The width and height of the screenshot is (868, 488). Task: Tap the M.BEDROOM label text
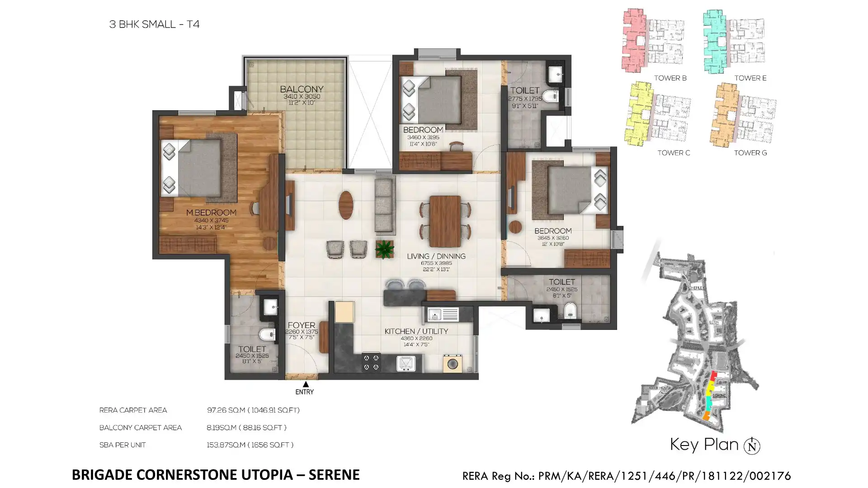211,212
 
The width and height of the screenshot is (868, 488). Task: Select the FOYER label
301,325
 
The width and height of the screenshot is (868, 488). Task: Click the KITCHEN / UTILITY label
416,331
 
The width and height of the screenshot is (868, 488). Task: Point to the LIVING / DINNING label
436,256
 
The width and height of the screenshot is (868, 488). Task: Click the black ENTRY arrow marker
306,385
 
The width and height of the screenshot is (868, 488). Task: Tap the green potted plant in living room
384,249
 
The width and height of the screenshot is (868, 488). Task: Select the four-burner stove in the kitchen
371,362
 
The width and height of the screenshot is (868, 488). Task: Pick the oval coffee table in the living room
346,205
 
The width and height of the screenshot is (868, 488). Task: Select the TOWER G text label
750,153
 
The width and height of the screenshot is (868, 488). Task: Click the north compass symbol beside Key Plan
752,446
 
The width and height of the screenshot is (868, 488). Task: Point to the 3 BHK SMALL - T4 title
154,24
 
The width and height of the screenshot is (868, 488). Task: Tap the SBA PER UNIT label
123,445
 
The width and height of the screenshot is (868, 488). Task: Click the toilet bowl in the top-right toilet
550,96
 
